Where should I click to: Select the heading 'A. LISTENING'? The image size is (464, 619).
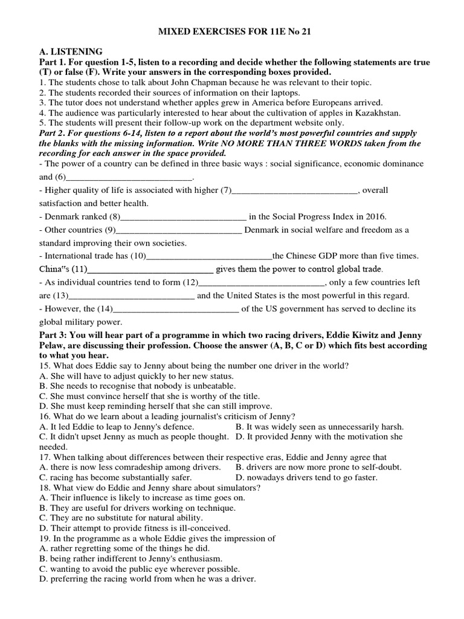[x=70, y=52]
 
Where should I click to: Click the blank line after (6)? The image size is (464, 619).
[x=127, y=177]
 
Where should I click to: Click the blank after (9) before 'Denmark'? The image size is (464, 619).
[x=179, y=230]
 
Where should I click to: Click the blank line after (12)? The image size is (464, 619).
[x=262, y=282]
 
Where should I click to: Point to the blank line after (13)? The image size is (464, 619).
[x=131, y=296]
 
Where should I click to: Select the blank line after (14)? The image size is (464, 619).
[x=176, y=309]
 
